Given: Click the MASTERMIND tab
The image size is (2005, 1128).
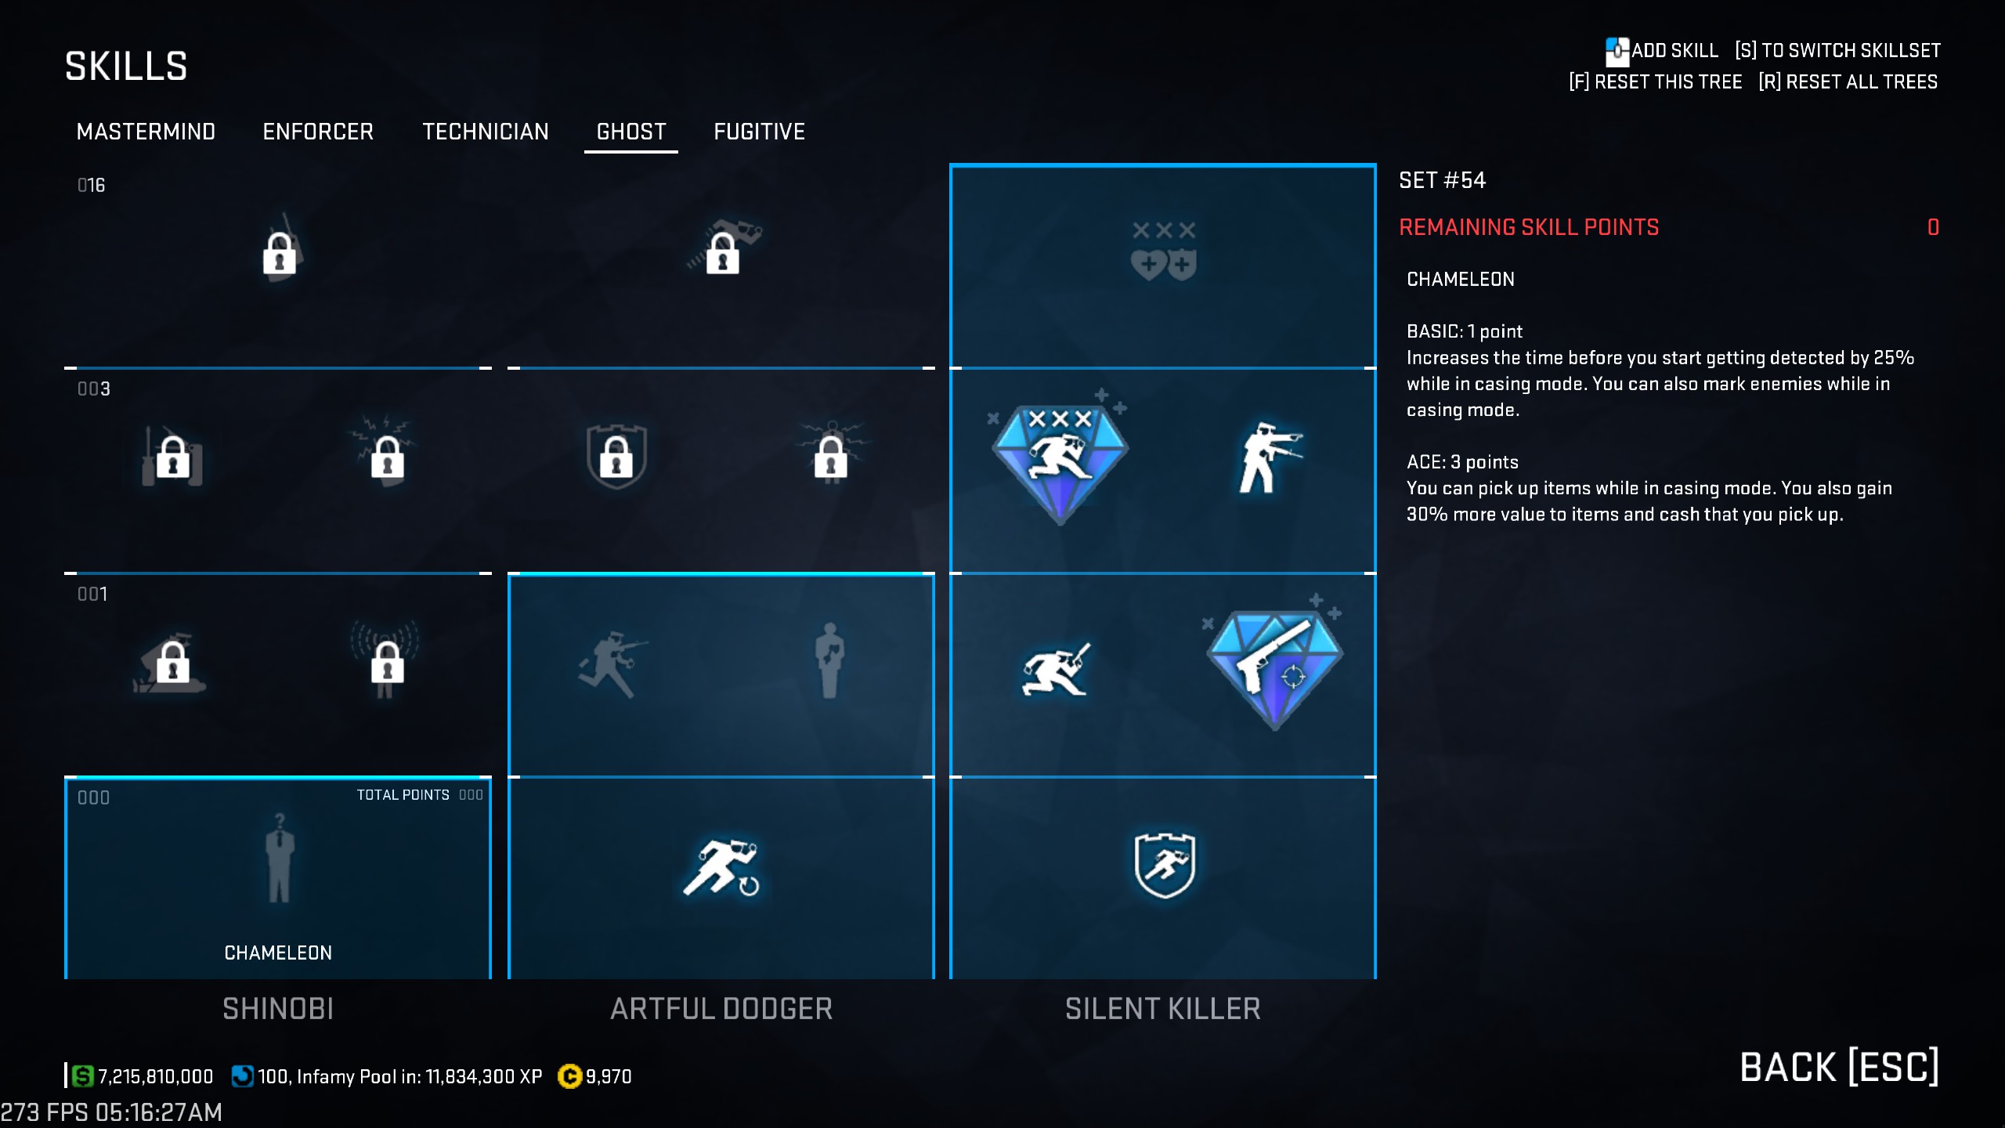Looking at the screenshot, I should [x=146, y=132].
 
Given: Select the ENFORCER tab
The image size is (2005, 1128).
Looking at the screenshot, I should [x=318, y=132].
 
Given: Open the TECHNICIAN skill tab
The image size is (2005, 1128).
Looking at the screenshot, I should [x=486, y=132].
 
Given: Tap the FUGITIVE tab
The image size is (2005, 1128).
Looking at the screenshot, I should [x=759, y=132].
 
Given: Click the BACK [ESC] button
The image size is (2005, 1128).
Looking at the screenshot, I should [x=1838, y=1067].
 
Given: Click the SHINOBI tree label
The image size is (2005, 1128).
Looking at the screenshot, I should [x=278, y=1009].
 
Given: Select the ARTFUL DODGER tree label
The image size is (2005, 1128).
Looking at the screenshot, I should [x=721, y=1009].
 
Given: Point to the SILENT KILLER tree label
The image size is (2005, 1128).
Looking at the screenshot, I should [x=1162, y=1009].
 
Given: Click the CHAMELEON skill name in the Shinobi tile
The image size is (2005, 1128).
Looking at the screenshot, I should [x=278, y=953].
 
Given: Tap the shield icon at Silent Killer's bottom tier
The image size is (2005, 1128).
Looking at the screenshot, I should [x=1165, y=865].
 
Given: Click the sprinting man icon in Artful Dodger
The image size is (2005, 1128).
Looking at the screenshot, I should [x=721, y=868].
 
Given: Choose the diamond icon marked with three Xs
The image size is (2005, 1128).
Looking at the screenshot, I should [x=1060, y=462].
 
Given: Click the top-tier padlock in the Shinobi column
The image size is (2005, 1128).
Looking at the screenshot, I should [x=280, y=252].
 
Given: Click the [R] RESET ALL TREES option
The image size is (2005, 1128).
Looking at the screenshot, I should [x=1848, y=82].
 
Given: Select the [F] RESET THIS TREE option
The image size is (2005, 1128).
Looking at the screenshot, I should [x=1655, y=82].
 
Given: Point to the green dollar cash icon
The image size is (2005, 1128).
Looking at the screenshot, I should [x=82, y=1076].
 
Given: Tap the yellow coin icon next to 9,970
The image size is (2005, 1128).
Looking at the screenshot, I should [x=569, y=1076].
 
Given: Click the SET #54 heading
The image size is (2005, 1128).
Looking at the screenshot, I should [x=1442, y=180].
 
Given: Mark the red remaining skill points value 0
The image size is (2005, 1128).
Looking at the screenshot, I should [x=1933, y=227].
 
